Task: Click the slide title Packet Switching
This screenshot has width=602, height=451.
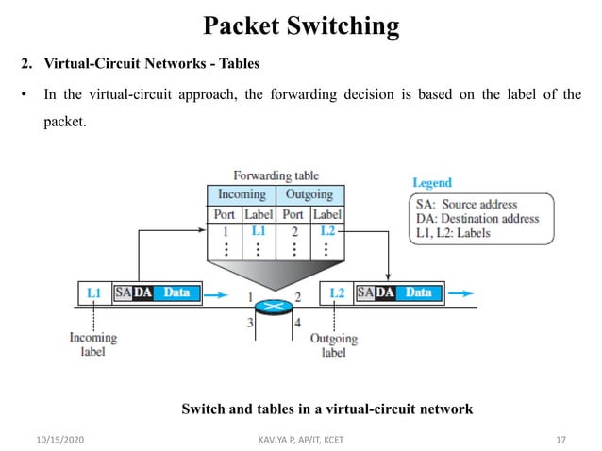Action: click(x=301, y=25)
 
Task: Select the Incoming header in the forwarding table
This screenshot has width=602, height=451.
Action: click(x=242, y=194)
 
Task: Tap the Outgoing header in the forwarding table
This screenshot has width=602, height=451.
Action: click(x=309, y=194)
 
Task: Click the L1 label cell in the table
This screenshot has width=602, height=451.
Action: click(x=259, y=230)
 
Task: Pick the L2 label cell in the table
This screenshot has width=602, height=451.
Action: click(x=327, y=230)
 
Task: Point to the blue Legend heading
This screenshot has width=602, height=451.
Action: click(x=432, y=182)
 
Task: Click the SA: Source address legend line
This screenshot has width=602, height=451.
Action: click(x=467, y=204)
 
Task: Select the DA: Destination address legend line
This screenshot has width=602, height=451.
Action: click(x=477, y=218)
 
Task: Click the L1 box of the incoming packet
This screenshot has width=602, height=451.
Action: click(x=93, y=293)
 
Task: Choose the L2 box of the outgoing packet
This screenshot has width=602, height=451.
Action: click(x=337, y=293)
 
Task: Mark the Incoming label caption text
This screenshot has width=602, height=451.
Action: click(x=93, y=344)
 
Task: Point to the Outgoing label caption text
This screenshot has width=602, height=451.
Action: click(x=334, y=345)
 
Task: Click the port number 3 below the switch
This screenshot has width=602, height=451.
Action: click(x=251, y=324)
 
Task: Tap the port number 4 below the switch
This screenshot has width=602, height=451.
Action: click(x=297, y=324)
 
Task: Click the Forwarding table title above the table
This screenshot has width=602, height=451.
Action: click(x=276, y=175)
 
